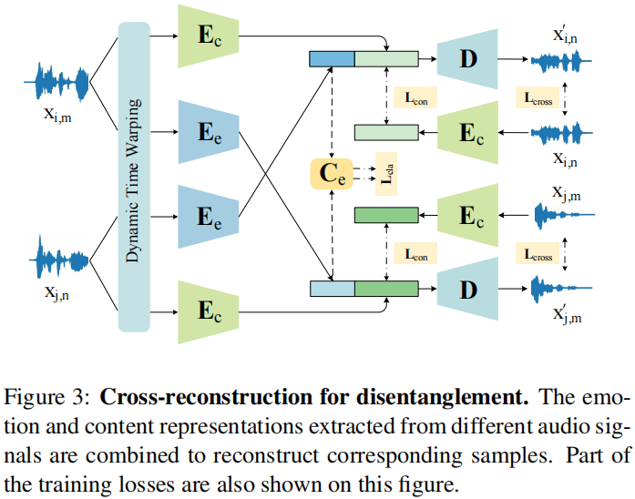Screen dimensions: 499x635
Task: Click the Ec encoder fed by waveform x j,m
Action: click(x=468, y=215)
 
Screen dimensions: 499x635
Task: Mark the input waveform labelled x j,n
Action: click(x=63, y=260)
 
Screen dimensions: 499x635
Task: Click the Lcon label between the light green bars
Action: click(x=415, y=96)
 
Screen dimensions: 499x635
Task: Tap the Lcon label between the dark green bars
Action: click(x=415, y=253)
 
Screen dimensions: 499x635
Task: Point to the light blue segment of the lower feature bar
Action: click(x=331, y=290)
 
